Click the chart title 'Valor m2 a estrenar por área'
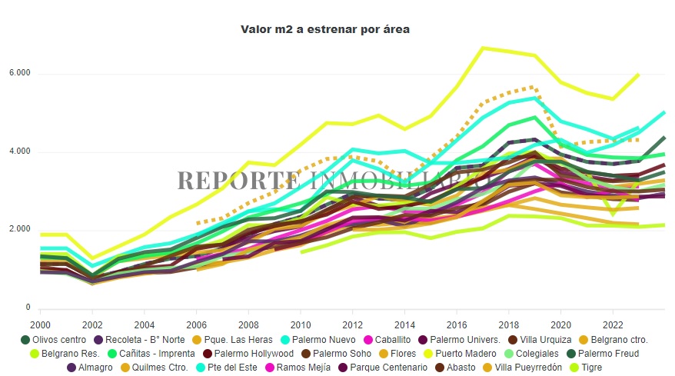coord(325,29)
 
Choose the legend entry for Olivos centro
coord(56,339)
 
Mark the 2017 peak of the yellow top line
coord(481,48)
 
